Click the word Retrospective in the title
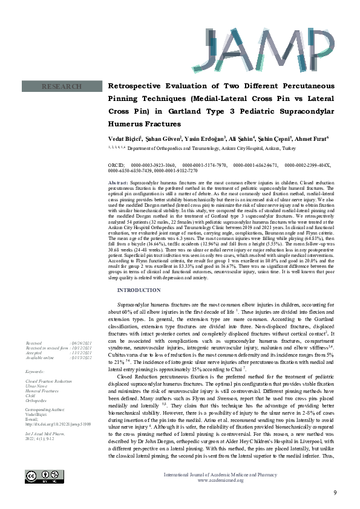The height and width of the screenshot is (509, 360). point(137,86)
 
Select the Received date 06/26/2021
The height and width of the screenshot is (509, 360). point(87,342)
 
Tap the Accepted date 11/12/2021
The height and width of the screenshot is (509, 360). point(87,353)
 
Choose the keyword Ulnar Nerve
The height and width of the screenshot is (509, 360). point(38,387)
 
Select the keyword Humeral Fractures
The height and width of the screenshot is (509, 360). point(42,392)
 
